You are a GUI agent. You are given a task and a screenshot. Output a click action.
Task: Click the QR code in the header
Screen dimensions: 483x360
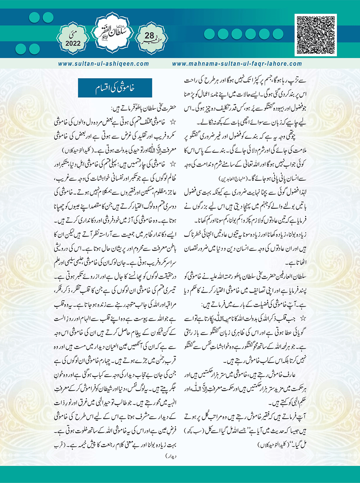coord(316,35)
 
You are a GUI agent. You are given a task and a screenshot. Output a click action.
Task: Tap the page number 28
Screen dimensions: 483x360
coord(149,35)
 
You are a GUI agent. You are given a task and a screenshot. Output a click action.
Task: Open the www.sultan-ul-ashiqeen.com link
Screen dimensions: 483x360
coord(104,64)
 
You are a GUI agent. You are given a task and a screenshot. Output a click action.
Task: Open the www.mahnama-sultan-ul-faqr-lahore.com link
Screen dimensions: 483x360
coord(237,64)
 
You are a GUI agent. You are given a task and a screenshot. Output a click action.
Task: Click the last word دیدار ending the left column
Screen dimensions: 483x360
coord(170,457)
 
